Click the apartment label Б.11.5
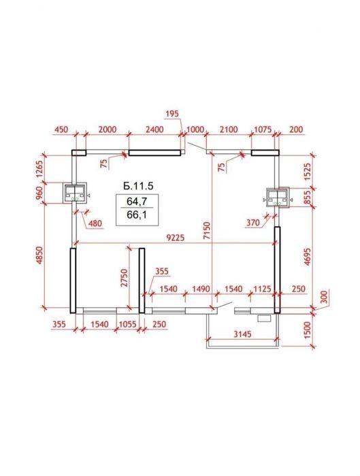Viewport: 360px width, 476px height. click(x=138, y=186)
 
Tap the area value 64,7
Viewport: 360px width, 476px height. click(x=137, y=201)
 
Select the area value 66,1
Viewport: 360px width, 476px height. click(x=137, y=215)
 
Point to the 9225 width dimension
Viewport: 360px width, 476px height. click(x=176, y=238)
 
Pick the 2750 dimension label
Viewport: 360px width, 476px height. click(x=124, y=277)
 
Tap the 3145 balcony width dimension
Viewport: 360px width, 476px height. click(x=243, y=334)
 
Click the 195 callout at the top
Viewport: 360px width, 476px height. click(x=172, y=114)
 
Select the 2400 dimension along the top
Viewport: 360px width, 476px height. click(x=154, y=129)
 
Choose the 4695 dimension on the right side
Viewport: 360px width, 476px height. click(x=308, y=257)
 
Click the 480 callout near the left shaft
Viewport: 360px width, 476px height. click(x=95, y=224)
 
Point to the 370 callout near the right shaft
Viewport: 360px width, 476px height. click(x=252, y=223)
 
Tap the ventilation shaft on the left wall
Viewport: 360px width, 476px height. click(x=76, y=193)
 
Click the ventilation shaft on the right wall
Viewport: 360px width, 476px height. click(x=278, y=197)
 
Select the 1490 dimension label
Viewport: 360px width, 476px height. click(x=201, y=289)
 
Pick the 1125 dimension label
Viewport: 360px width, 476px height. click(x=262, y=289)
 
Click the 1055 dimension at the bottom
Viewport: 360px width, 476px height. click(x=127, y=324)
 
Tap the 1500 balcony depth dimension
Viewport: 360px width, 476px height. click(x=308, y=330)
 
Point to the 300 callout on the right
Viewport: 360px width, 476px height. click(x=324, y=297)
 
